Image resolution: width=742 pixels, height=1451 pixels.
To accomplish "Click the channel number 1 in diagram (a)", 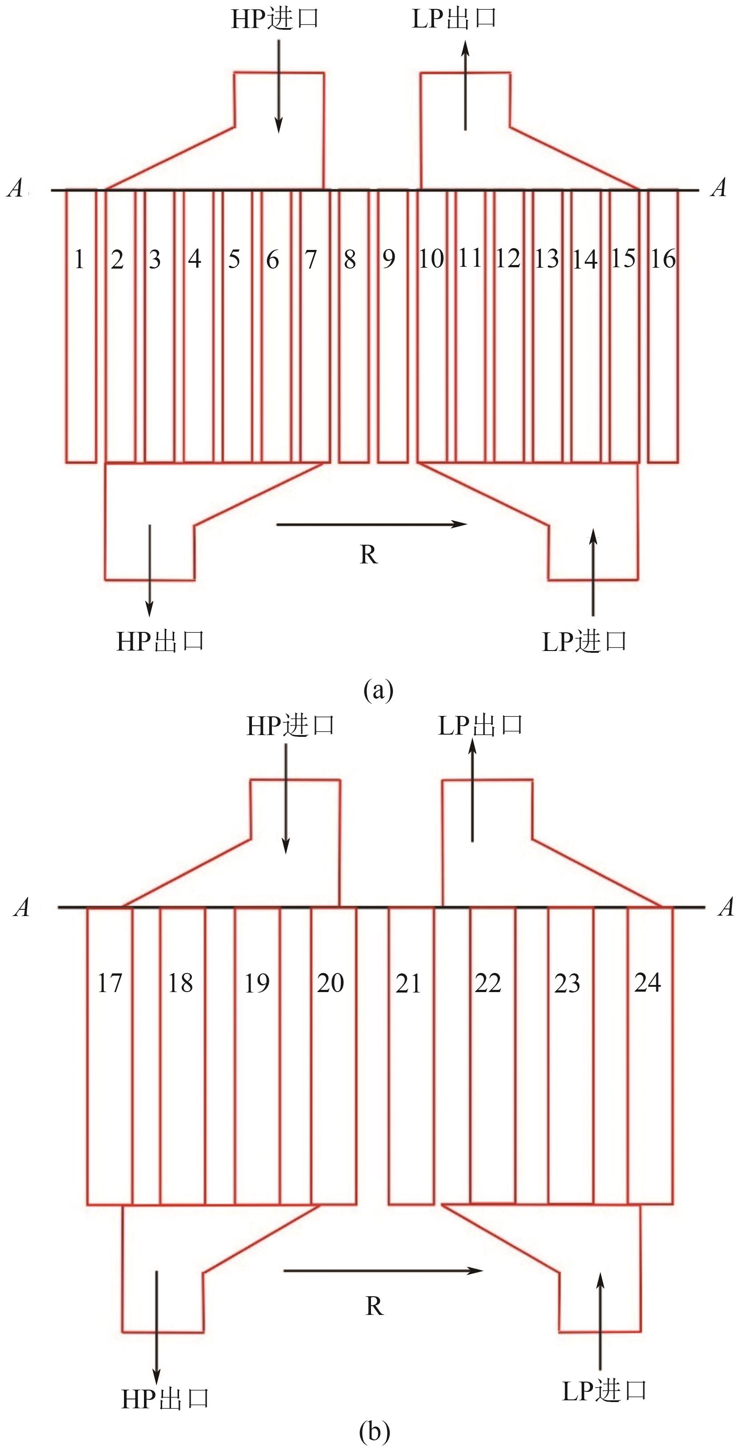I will point(80,259).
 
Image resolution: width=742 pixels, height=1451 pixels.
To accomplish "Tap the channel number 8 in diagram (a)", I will point(350,259).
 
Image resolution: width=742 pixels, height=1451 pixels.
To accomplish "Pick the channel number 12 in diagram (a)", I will point(507,259).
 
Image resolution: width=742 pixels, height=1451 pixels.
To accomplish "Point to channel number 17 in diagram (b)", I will point(109,983).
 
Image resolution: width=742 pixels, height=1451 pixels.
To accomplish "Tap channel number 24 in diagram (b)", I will point(647,982).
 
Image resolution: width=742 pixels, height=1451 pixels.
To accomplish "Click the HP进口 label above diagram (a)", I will point(275,19).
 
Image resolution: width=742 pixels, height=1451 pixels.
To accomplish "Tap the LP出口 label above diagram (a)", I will point(454,19).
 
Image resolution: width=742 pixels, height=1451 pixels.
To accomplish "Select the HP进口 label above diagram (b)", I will point(291,726).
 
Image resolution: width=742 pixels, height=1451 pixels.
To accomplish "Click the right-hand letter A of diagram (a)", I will point(719,188).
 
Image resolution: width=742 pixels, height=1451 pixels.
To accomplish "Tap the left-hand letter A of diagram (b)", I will point(22,907).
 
